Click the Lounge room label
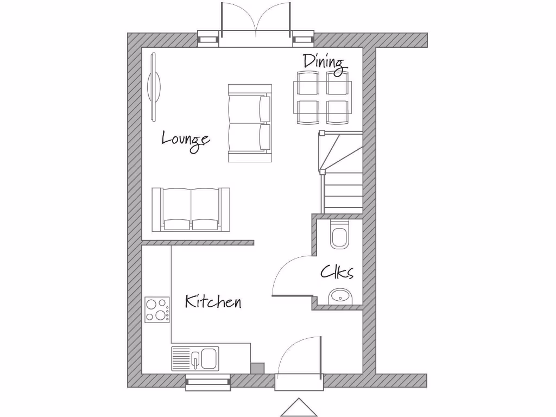(x=186, y=139)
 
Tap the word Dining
(x=324, y=62)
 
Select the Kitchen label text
(x=213, y=301)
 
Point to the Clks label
(x=337, y=271)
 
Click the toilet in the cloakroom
(x=340, y=236)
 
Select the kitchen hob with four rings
(x=157, y=310)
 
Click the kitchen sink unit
(x=195, y=358)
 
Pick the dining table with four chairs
(x=321, y=98)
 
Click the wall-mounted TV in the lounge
(x=154, y=86)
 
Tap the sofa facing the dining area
(x=250, y=123)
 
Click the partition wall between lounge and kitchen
(x=198, y=243)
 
